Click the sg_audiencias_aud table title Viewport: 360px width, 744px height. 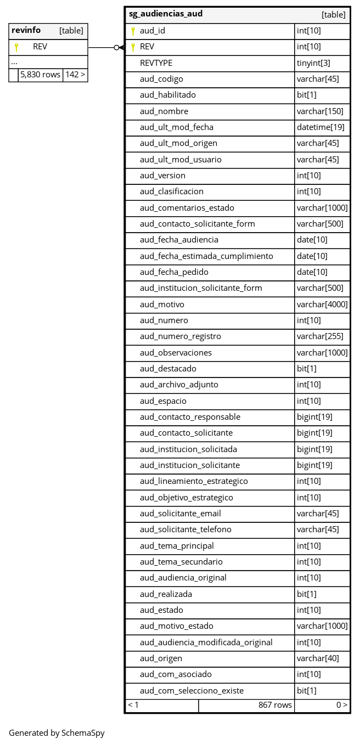click(166, 14)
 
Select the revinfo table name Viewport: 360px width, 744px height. click(26, 30)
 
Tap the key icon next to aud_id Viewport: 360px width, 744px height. click(133, 31)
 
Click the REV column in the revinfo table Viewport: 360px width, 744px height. click(40, 47)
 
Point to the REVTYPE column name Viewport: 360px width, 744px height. click(156, 63)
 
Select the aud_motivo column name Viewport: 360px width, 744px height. click(162, 305)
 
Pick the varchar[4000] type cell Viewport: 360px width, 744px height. click(322, 305)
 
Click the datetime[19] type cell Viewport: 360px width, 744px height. click(320, 127)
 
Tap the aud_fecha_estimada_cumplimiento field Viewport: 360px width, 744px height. click(206, 256)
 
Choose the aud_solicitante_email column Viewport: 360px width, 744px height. click(181, 514)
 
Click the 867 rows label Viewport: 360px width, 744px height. click(275, 705)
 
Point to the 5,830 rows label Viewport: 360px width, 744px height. click(40, 75)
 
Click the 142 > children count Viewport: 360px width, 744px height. click(75, 75)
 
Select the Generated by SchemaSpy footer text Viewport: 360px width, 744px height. click(57, 732)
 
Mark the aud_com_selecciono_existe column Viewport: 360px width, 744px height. click(192, 691)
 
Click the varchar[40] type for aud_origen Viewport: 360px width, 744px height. click(318, 658)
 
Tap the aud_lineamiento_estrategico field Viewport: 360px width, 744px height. click(194, 481)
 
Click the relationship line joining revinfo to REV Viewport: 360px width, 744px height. click(102, 48)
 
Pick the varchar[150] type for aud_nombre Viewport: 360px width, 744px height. click(320, 111)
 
